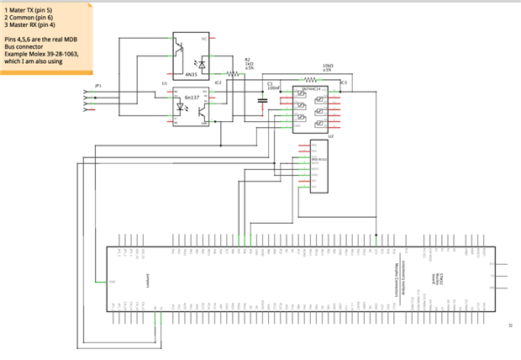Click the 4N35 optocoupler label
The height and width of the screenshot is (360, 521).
pos(192,74)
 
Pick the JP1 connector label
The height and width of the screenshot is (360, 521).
pos(98,85)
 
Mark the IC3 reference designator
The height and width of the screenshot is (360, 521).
pos(344,82)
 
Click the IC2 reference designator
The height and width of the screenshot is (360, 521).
pos(218,82)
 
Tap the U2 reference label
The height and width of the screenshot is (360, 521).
pos(331,135)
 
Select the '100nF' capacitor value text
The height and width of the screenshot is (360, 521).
pos(274,87)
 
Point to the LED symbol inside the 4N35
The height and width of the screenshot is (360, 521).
pos(200,62)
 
